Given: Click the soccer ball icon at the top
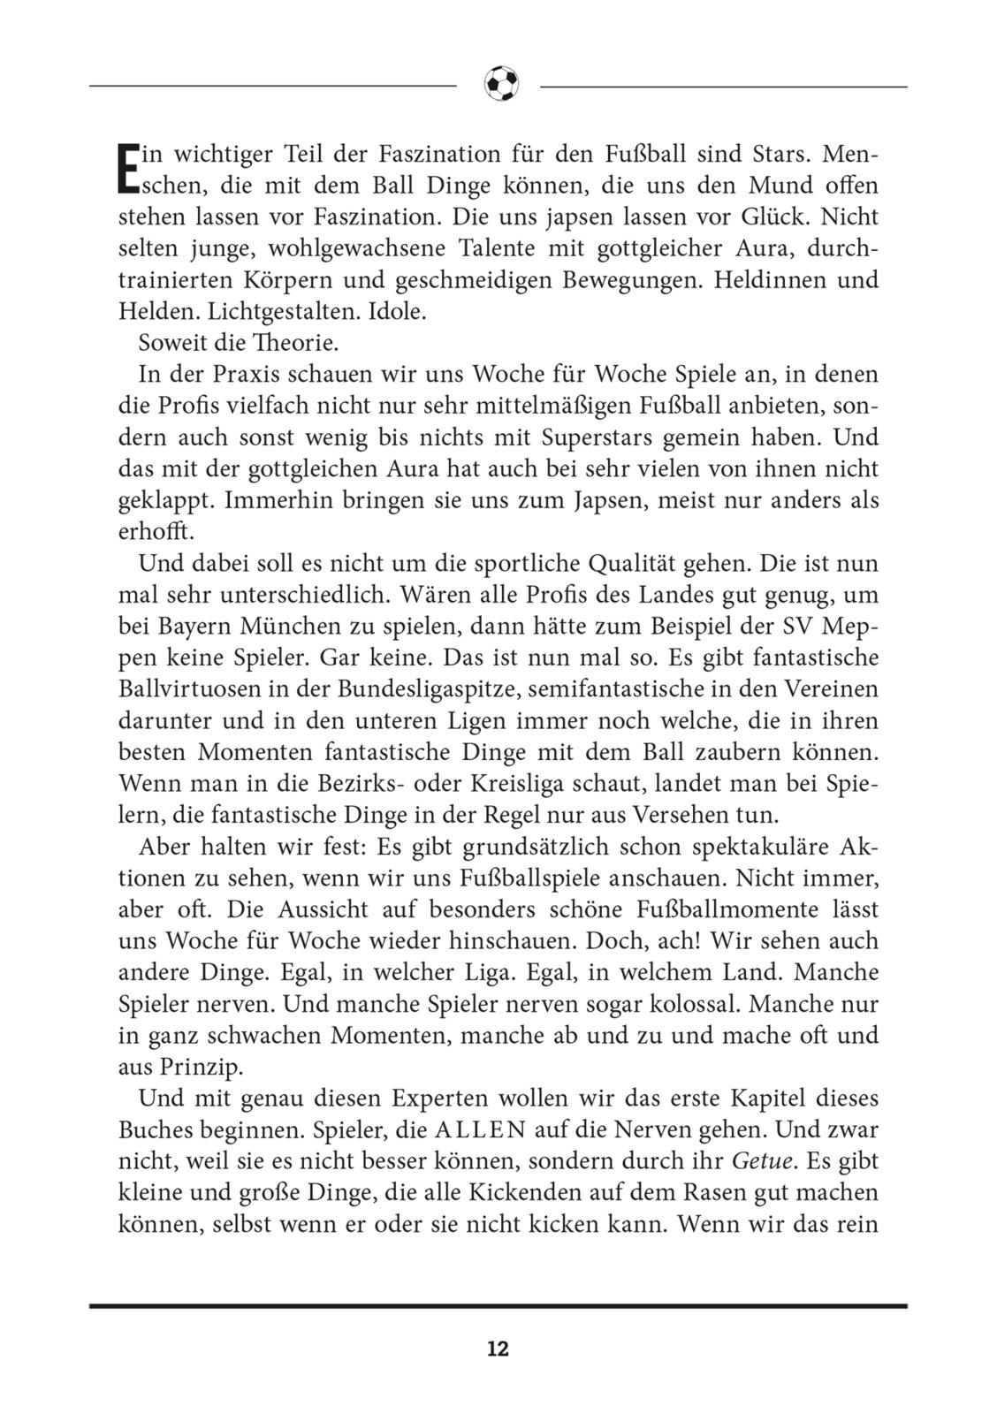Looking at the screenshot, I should (x=501, y=85).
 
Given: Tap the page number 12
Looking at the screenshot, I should (x=498, y=1349).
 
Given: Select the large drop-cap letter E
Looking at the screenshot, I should (x=128, y=169).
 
